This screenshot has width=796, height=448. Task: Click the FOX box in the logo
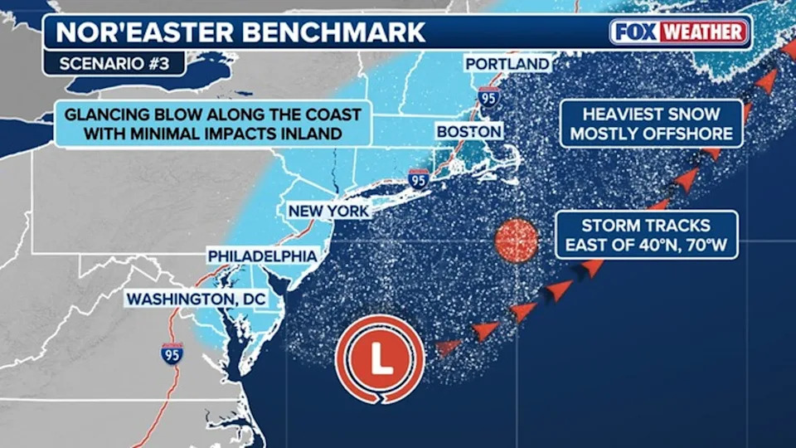coord(636,32)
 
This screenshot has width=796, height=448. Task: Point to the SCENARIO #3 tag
coord(114,64)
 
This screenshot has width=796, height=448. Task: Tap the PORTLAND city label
coord(507,64)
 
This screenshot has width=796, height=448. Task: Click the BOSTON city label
coord(468,132)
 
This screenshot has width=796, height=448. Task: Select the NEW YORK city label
coord(328,212)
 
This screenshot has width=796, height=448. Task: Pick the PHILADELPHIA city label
coord(262,256)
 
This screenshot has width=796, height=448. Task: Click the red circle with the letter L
coord(381,358)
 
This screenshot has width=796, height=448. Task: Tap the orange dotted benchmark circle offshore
coord(517,240)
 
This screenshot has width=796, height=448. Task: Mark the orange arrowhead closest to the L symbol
coord(448,346)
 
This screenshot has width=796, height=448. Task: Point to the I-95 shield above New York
coord(419,178)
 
